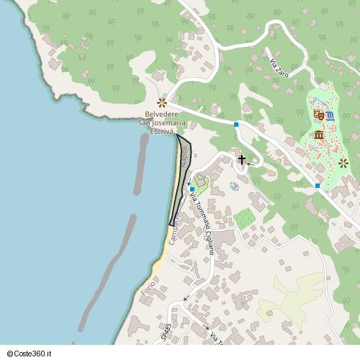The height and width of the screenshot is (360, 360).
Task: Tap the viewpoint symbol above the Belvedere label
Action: click(x=162, y=102)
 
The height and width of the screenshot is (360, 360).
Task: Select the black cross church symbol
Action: click(x=242, y=159)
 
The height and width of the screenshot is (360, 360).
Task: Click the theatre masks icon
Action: click(x=318, y=114)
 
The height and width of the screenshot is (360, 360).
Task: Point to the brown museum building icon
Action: click(x=318, y=135)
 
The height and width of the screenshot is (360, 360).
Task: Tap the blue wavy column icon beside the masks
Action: click(x=330, y=116)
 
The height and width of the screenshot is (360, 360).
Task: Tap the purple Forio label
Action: click(x=148, y=289)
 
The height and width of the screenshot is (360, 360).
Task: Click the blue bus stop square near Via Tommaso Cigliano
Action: click(x=192, y=189)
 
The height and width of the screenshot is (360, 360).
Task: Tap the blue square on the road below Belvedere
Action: click(x=236, y=125)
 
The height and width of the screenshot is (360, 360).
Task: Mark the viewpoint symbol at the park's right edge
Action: click(x=343, y=163)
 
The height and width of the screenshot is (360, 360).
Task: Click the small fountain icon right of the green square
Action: click(x=234, y=186)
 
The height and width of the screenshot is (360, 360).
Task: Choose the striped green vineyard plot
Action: click(x=244, y=217)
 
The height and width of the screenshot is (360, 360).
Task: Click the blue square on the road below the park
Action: click(x=318, y=186)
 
